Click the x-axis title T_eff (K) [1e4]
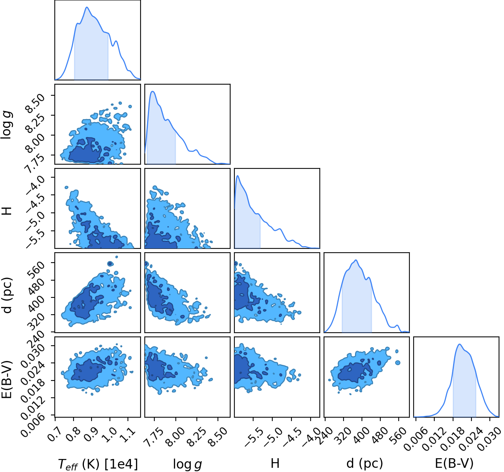pyautogui.click(x=98, y=464)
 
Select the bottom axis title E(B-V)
pyautogui.click(x=454, y=464)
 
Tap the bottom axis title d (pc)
pyautogui.click(x=365, y=464)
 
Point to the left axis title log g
pyautogui.click(x=7, y=124)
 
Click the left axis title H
pyautogui.click(x=7, y=211)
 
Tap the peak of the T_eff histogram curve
pyautogui.click(x=87, y=7)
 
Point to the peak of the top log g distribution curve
pyautogui.click(x=152, y=91)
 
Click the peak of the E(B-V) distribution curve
pyautogui.click(x=459, y=344)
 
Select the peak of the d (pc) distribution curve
pyautogui.click(x=356, y=260)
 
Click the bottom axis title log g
pyautogui.click(x=187, y=464)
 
